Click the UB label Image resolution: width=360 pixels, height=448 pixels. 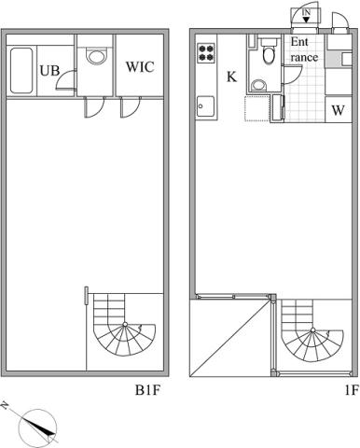[x=49, y=71]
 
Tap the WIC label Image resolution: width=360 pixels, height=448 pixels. [x=140, y=67]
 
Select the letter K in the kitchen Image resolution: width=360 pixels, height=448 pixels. [x=231, y=77]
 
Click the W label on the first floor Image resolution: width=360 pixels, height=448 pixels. [x=339, y=110]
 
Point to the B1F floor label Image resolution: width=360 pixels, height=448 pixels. [x=147, y=390]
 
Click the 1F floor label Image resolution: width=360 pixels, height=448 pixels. [x=352, y=390]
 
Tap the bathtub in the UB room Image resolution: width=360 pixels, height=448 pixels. [x=21, y=70]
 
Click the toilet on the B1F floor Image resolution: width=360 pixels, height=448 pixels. [x=96, y=56]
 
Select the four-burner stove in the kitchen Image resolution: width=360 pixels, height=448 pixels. [x=206, y=52]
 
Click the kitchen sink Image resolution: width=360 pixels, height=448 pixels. [x=205, y=106]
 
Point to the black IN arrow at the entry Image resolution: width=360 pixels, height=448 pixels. [x=306, y=20]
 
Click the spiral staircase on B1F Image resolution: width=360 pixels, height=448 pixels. [x=124, y=325]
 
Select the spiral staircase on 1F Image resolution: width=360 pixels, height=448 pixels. [x=312, y=330]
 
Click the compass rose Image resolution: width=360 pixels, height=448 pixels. [x=38, y=427]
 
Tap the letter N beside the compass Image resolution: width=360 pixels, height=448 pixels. [x=5, y=405]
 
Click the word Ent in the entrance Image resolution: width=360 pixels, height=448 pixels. [x=299, y=42]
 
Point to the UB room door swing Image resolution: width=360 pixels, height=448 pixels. [x=66, y=80]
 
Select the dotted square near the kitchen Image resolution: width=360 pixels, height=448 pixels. [x=256, y=108]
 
